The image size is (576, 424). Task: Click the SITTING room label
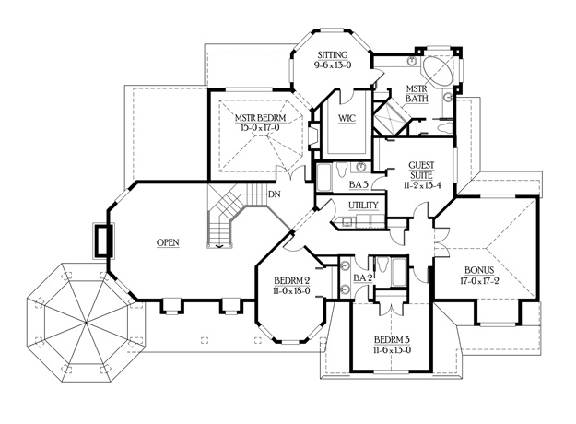click(333, 55)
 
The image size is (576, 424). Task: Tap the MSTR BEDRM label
click(260, 118)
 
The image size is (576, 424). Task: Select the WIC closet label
click(347, 118)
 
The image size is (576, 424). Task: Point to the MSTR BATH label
click(417, 94)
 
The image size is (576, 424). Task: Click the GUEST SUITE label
click(421, 171)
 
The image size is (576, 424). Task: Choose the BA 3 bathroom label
click(359, 185)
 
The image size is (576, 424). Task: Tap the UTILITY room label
click(363, 205)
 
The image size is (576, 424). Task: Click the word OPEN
click(168, 242)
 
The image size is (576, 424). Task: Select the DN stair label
click(275, 194)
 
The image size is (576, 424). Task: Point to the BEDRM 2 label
click(291, 281)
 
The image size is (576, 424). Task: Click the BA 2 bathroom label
click(363, 278)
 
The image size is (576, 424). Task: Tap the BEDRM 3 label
click(393, 339)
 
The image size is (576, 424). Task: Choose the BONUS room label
click(479, 270)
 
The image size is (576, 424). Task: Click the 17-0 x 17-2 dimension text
click(479, 281)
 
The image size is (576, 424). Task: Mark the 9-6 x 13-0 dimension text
click(333, 65)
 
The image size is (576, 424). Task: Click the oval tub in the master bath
click(437, 70)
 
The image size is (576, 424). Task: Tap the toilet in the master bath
click(445, 128)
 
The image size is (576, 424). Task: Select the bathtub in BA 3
click(323, 178)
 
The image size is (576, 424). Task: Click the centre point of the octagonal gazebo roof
click(86, 323)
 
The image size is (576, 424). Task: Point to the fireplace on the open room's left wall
click(102, 240)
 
